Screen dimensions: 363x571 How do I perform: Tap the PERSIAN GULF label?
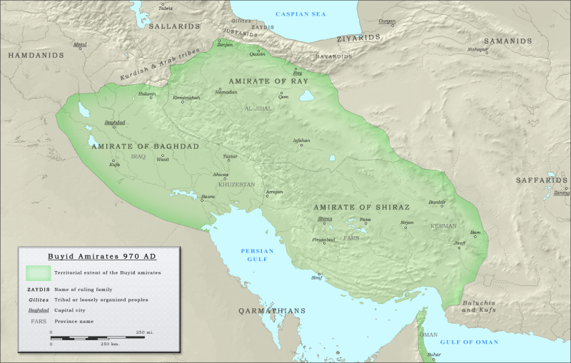point(257,255)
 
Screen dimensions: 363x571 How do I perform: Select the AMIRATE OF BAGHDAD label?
point(145,145)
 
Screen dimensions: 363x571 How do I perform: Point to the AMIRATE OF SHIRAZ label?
point(362,207)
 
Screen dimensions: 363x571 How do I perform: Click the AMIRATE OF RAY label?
point(267,81)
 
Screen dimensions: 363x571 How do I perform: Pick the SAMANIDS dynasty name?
point(507,41)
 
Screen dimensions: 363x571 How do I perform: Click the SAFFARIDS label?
point(542,180)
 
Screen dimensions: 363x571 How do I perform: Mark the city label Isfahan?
point(302,140)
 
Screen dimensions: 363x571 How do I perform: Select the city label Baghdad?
point(114,123)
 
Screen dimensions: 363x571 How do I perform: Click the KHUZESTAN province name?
point(236,184)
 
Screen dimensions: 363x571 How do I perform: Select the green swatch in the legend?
point(38,272)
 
